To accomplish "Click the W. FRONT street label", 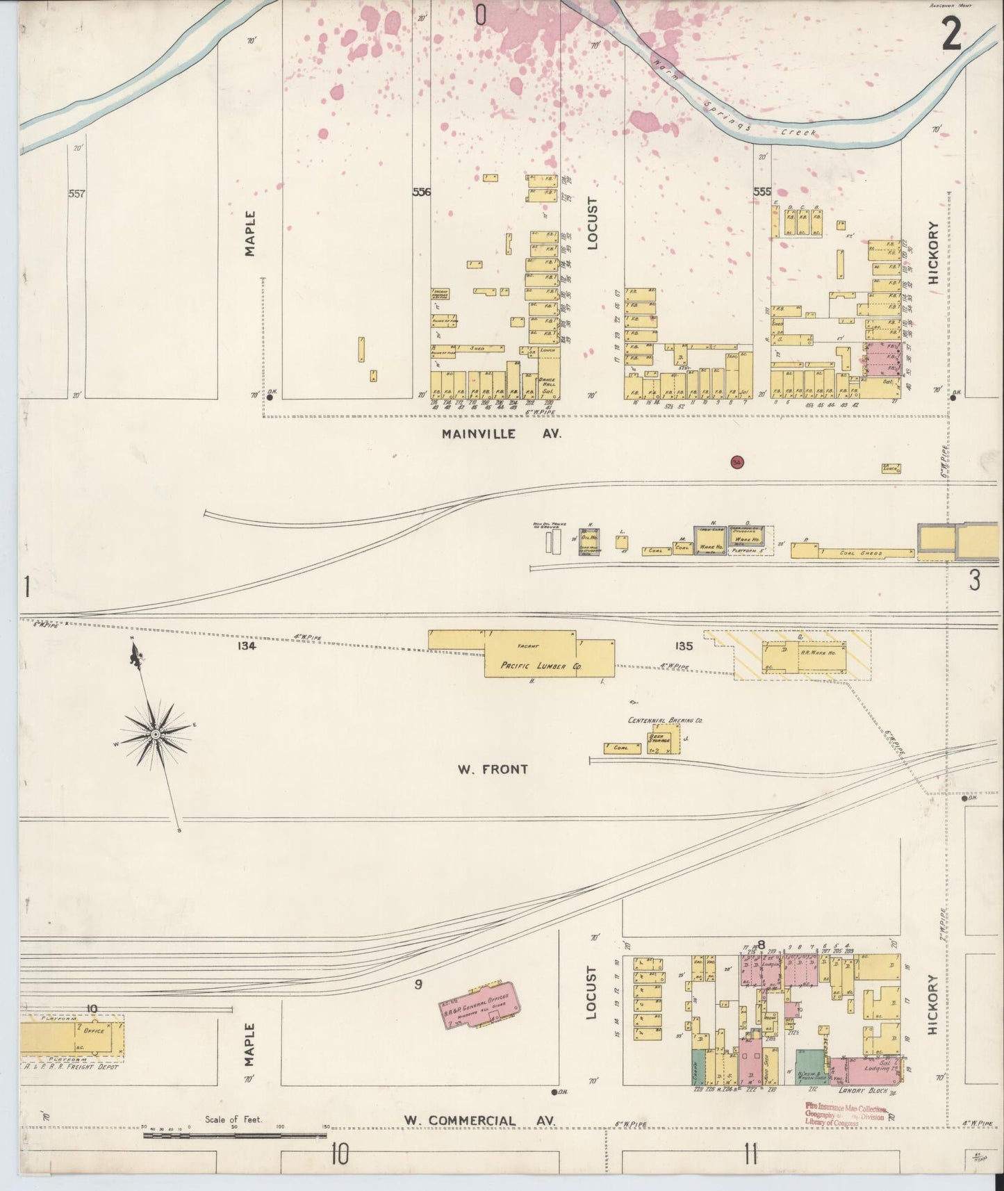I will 492,769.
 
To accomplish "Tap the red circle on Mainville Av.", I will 737,461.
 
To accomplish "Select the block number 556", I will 421,192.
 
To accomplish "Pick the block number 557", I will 76,194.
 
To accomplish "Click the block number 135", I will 684,646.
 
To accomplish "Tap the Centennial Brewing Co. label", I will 664,721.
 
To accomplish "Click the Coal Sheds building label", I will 860,554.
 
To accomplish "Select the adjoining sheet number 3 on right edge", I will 974,580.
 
